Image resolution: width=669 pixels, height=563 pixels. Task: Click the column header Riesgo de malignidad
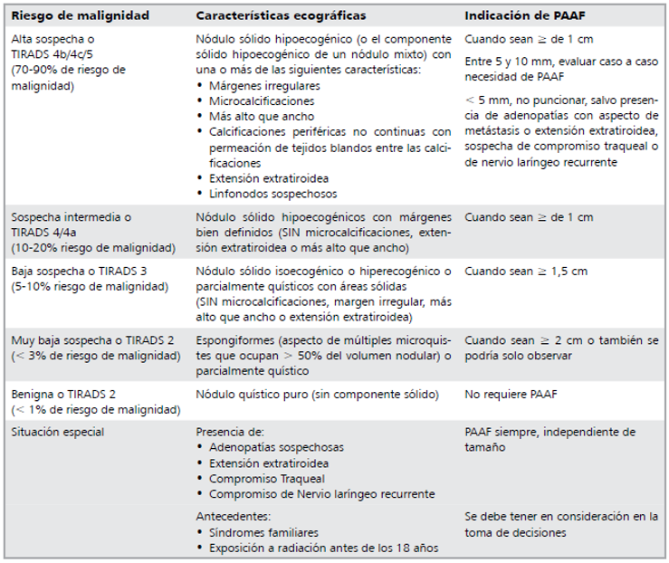[80, 16]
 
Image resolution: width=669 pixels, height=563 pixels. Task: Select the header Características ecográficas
[282, 16]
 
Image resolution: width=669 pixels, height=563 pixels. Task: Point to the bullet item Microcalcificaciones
[261, 101]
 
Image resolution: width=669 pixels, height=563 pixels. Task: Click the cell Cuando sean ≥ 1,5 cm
[526, 272]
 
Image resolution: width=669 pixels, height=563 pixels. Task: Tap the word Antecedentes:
[233, 516]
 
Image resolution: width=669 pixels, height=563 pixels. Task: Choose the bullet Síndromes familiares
[263, 532]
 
